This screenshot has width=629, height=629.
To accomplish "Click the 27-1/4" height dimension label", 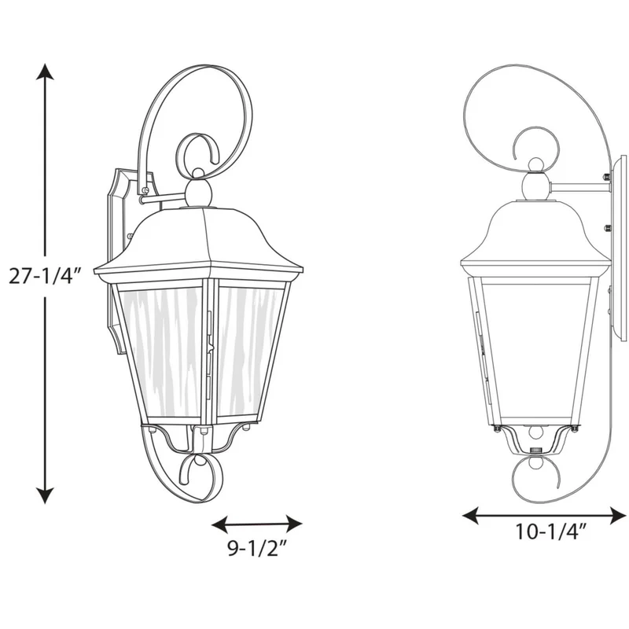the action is click(x=46, y=276).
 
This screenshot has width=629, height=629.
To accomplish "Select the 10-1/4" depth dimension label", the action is click(x=551, y=532).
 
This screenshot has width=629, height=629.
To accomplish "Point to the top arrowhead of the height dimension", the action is click(x=45, y=72).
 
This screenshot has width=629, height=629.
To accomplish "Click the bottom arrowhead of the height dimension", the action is click(x=45, y=495).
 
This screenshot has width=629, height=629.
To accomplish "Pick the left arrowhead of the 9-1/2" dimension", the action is click(x=219, y=524).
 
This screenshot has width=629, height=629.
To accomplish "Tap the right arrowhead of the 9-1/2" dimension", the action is click(x=294, y=524).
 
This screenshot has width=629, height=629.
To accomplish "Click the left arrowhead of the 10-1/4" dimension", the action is click(x=470, y=515).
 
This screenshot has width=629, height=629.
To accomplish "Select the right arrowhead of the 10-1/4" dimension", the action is click(x=618, y=515).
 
